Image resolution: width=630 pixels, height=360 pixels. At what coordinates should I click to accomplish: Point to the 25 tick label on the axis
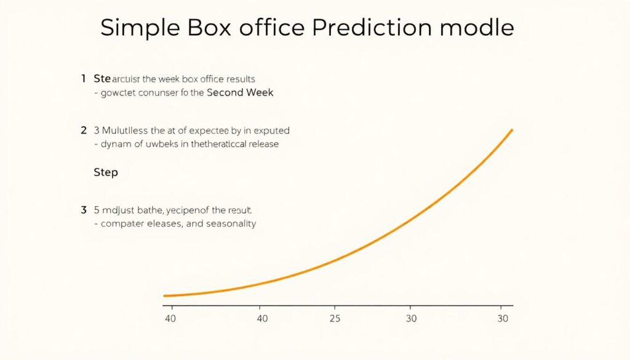pos(334,319)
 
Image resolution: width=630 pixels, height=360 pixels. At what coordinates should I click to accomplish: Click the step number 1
pos(83,79)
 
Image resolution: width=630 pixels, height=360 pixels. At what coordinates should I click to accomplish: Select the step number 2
pos(83,130)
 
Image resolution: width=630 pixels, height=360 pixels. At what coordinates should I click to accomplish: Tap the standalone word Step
pos(105,172)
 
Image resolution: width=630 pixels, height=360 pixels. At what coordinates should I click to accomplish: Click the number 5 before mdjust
pos(97,210)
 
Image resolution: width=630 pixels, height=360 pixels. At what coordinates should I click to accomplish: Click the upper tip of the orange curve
pos(511,130)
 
